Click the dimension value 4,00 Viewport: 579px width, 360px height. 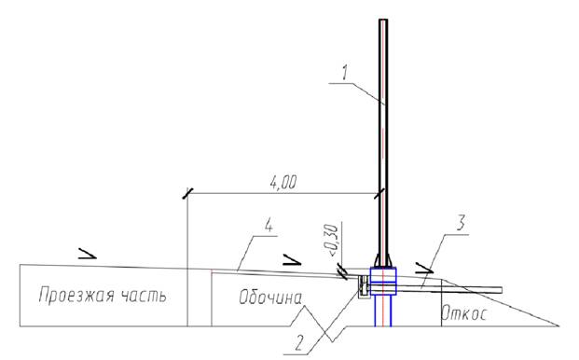tap(283, 183)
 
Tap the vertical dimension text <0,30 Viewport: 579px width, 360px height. tap(332, 241)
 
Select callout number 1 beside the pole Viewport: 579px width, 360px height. tap(344, 73)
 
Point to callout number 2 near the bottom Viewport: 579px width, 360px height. tap(298, 342)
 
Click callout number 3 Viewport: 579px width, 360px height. tap(460, 223)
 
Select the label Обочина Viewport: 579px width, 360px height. tap(270, 298)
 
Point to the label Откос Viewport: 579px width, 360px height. tap(464, 313)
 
